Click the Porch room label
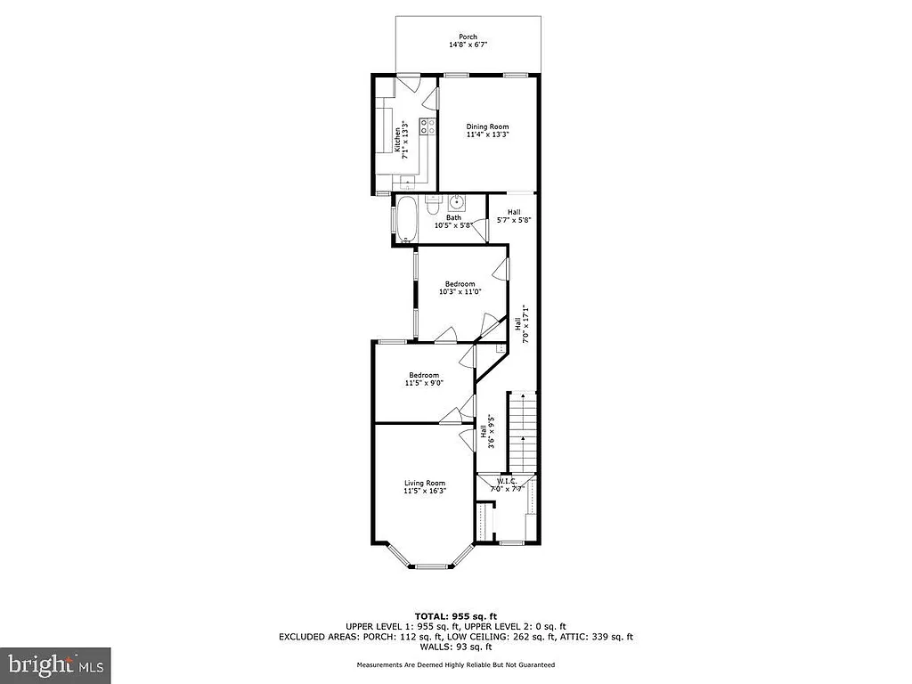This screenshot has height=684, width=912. (468, 37)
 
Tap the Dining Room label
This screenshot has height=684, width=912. (488, 127)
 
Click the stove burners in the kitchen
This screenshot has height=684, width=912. (428, 126)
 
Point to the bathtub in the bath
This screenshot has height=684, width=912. (405, 219)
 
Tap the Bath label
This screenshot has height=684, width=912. (453, 217)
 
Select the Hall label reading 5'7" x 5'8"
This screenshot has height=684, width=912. (514, 216)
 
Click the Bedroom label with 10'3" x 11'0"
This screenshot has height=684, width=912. (460, 284)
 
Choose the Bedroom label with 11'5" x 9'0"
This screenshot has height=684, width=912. (423, 375)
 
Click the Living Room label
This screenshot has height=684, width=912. (423, 483)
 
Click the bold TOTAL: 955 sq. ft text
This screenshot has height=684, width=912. (455, 616)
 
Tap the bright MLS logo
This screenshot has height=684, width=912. (55, 664)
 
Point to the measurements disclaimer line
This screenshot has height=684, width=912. (455, 664)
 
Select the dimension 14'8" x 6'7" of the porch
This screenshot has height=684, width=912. (468, 45)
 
